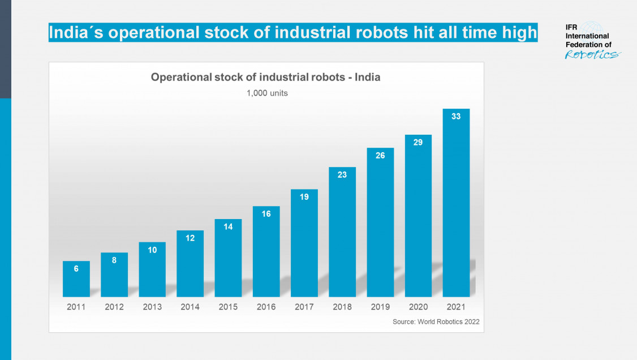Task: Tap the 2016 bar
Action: tap(266, 251)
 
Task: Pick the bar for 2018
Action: tap(342, 232)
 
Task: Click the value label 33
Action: tap(456, 117)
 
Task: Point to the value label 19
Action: tap(304, 197)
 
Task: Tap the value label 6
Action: tap(76, 269)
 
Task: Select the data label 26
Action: tap(380, 155)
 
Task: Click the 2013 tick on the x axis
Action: tap(152, 307)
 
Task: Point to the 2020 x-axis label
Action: tap(418, 307)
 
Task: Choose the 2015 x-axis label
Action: tap(228, 307)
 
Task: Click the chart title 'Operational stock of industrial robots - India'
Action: tap(265, 78)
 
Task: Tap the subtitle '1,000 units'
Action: tap(266, 93)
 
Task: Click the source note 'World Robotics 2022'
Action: tap(436, 322)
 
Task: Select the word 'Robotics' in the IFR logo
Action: tap(592, 54)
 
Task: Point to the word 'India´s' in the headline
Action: tap(76, 33)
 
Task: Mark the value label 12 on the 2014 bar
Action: tap(190, 238)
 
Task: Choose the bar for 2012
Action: tap(114, 275)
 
